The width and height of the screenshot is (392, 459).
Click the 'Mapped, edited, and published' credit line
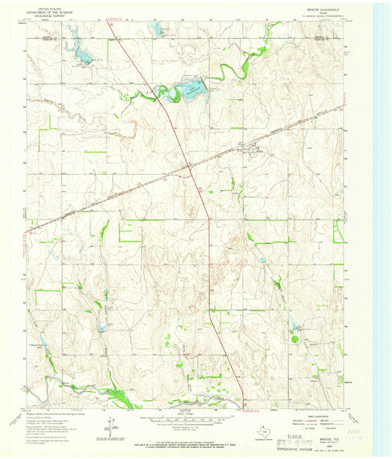click(55, 413)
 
